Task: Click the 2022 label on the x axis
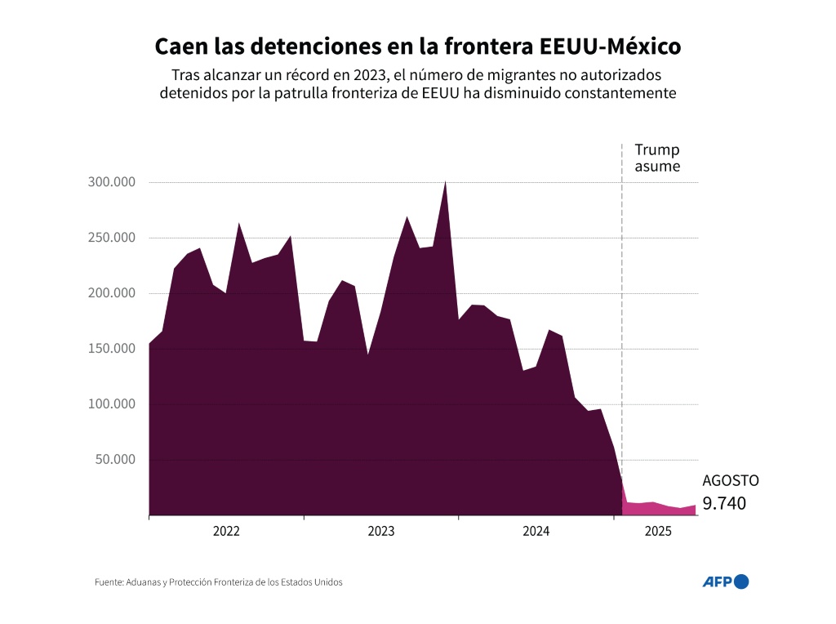[226, 532]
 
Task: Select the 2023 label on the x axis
[380, 532]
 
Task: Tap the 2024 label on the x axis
[536, 532]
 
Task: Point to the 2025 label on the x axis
[658, 532]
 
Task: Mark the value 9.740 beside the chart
[724, 503]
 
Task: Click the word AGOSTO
[730, 481]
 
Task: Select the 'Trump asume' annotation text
[657, 159]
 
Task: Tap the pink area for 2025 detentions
[653, 509]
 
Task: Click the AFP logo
[725, 582]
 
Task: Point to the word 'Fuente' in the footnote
[108, 582]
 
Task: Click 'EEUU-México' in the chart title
[610, 46]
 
